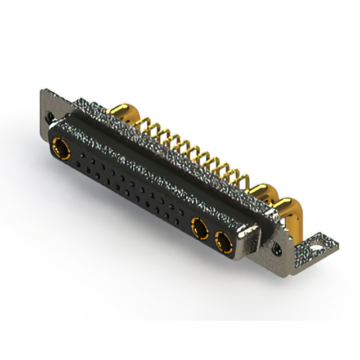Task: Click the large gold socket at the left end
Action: (59, 150)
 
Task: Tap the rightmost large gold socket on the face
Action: (223, 244)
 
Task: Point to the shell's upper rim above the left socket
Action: (73, 121)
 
